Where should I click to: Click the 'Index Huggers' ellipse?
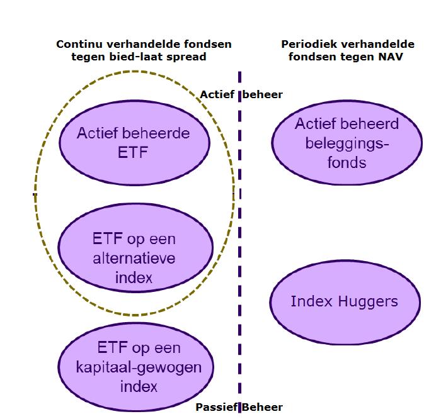tap(344, 301)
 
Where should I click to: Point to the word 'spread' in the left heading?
tap(188, 57)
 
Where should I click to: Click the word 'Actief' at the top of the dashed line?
tap(217, 94)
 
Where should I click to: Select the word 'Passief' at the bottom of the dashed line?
tap(215, 407)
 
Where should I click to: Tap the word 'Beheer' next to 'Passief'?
tap(263, 407)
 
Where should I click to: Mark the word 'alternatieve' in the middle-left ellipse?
tap(134, 259)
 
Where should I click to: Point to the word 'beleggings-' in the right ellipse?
tap(347, 143)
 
